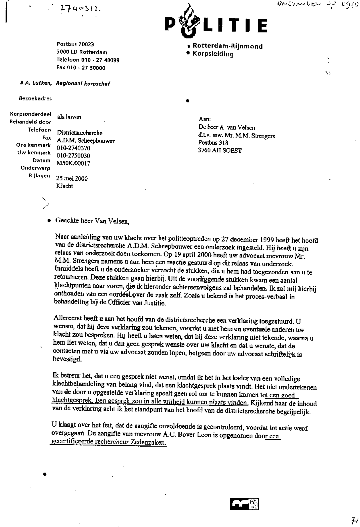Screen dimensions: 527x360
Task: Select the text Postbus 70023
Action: pyautogui.click(x=75, y=44)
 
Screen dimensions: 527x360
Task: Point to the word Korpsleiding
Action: pyautogui.click(x=213, y=54)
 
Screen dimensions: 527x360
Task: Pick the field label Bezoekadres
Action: pyautogui.click(x=35, y=98)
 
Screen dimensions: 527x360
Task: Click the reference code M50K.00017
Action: pyautogui.click(x=74, y=163)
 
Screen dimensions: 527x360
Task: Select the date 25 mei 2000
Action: pyautogui.click(x=72, y=179)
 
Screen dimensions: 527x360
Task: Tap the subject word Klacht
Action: pyautogui.click(x=65, y=186)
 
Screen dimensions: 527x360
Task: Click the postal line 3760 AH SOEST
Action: pyautogui.click(x=220, y=151)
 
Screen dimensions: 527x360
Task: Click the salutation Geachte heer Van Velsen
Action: pyautogui.click(x=93, y=220)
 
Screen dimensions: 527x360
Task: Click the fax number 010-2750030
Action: pyautogui.click(x=74, y=156)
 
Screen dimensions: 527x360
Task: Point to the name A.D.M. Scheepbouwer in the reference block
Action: pyautogui.click(x=86, y=140)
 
